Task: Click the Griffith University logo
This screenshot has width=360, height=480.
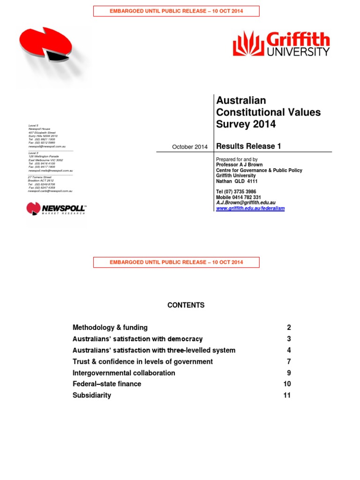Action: [x=281, y=44]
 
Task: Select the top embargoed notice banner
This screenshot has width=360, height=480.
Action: [x=176, y=11]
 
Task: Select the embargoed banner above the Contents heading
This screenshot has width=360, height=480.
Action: [x=176, y=262]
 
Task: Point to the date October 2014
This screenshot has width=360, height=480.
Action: [x=189, y=147]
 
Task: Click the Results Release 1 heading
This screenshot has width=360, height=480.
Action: [x=248, y=146]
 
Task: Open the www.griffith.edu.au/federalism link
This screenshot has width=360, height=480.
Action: [x=250, y=208]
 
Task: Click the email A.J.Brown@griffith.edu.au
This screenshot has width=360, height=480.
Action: [x=246, y=202]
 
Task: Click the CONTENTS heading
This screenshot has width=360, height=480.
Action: [x=186, y=305]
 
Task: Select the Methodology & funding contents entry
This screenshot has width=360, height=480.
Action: [x=110, y=328]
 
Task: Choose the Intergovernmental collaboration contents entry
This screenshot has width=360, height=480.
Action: [x=124, y=373]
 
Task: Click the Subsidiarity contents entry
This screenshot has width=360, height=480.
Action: [x=92, y=396]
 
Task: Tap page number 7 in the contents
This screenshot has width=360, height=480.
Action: [x=289, y=362]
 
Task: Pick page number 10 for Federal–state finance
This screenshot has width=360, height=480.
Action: [x=287, y=384]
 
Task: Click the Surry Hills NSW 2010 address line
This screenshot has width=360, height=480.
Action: [x=43, y=136]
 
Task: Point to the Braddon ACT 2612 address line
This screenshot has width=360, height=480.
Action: [x=41, y=180]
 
